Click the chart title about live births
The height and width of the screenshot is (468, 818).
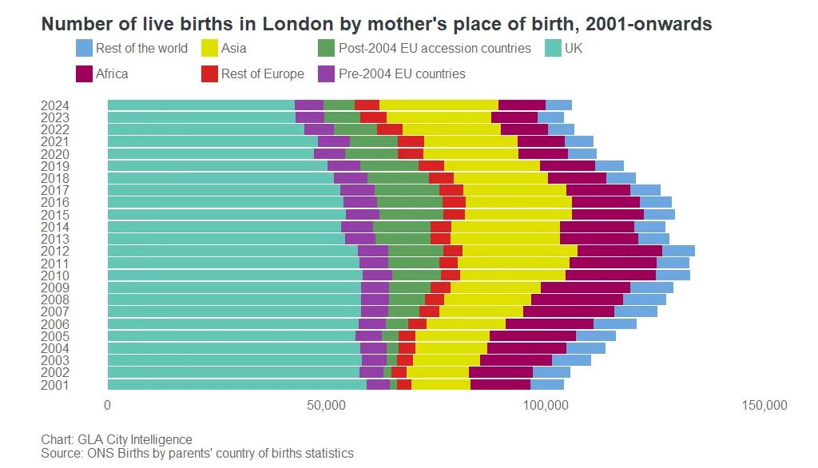point(376,24)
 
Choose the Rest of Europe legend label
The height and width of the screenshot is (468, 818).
point(263,73)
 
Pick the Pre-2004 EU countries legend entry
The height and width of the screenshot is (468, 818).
point(402,73)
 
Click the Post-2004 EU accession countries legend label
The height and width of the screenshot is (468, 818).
point(435,48)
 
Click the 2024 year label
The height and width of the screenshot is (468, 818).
point(55,105)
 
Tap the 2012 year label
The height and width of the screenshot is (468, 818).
point(55,251)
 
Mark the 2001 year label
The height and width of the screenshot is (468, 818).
point(55,385)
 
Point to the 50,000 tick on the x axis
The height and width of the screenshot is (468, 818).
point(327,406)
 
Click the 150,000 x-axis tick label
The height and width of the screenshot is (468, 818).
point(764,406)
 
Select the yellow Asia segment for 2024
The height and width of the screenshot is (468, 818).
point(439,105)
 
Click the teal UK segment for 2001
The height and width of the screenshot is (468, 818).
point(236,385)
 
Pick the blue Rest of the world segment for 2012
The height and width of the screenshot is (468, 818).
point(678,251)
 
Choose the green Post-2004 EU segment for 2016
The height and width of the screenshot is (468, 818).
point(409,202)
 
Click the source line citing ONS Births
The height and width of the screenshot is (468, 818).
point(197,453)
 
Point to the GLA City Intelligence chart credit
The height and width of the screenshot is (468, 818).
point(117,439)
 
